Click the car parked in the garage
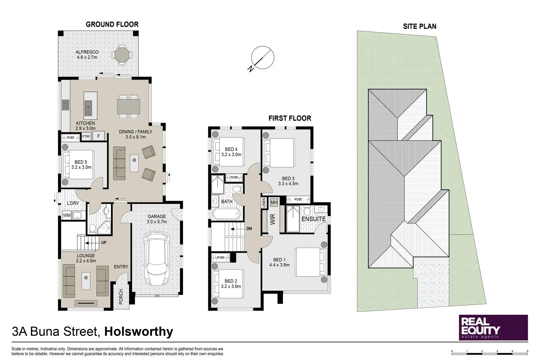[x=157, y=258]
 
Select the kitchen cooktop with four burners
[x=65, y=105]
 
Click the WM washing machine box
[x=67, y=215]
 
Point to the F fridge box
[x=98, y=136]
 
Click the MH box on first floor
[x=274, y=202]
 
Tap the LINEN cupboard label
[x=264, y=203]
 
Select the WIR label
[x=272, y=219]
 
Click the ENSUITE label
[x=313, y=219]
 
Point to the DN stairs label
[x=249, y=229]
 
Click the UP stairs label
[x=104, y=243]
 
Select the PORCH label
[x=121, y=296]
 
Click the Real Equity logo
[x=493, y=328]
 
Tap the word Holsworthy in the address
[x=139, y=332]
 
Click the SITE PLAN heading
[x=419, y=26]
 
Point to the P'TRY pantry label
[x=86, y=137]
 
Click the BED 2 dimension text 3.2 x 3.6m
[x=231, y=286]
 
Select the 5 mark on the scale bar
[x=527, y=351]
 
